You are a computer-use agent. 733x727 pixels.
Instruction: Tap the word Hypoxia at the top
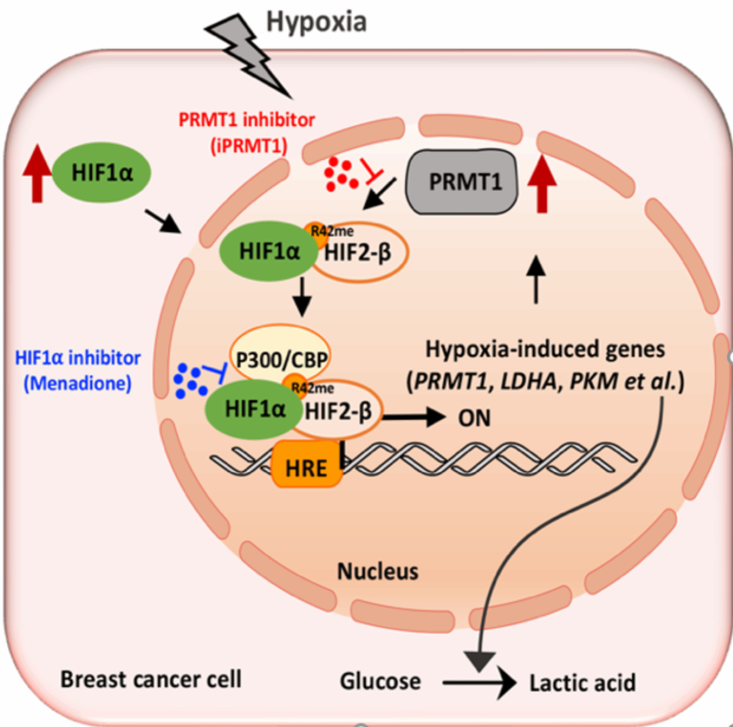click(x=316, y=22)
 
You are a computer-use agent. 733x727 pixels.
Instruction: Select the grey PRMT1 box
click(x=461, y=181)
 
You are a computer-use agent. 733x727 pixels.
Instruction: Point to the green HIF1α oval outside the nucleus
click(x=102, y=173)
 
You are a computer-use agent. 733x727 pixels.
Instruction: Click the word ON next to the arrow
click(x=474, y=418)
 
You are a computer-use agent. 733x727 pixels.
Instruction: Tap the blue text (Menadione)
click(x=77, y=383)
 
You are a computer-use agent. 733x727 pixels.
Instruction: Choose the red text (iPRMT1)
click(x=249, y=145)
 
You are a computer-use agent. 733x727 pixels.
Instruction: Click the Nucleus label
click(x=377, y=571)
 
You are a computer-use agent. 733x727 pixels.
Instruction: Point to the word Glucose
click(x=380, y=681)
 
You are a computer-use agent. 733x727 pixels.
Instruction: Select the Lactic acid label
click(x=582, y=683)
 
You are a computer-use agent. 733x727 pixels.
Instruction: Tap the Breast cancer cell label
click(x=151, y=679)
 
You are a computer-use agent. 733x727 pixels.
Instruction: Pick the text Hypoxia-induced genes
click(x=545, y=349)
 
